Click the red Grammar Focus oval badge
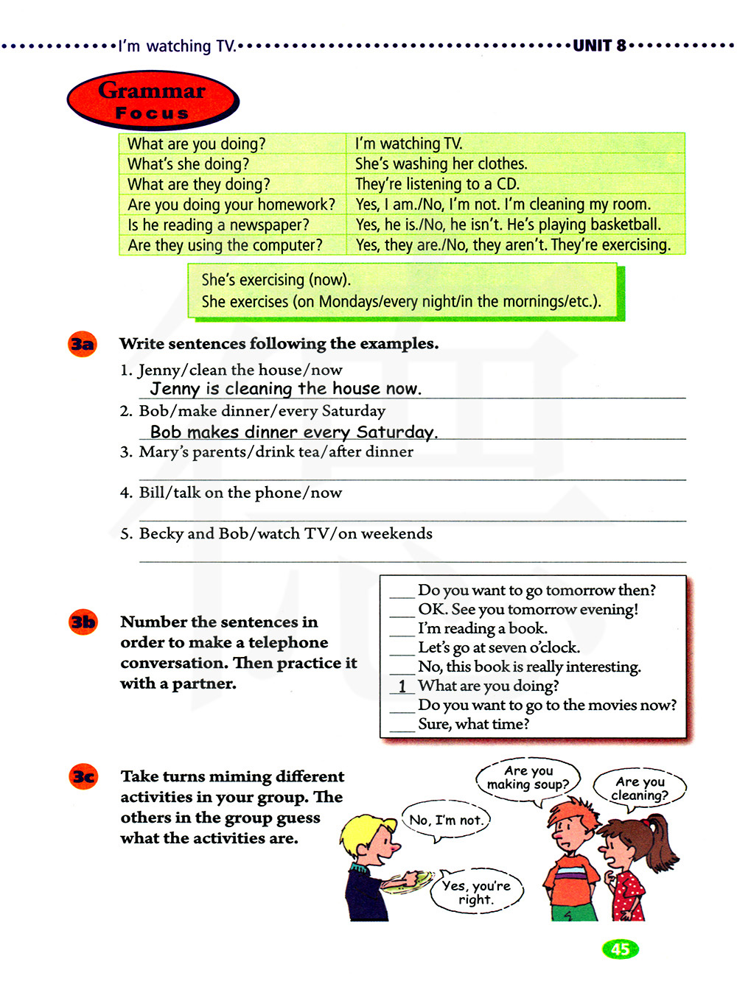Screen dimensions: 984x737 pos(153,101)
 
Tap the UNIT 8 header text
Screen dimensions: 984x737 pos(599,46)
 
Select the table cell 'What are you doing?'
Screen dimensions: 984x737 pos(196,144)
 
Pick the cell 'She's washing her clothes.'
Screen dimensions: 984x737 pos(441,164)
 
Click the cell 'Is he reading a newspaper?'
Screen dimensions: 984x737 pos(218,225)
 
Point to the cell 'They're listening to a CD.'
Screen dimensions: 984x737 pos(437,184)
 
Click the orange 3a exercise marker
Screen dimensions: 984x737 pos(83,345)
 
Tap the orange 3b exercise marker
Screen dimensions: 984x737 pos(83,622)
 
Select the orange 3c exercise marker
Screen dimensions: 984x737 pos(83,776)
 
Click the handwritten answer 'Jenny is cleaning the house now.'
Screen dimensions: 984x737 pos(285,389)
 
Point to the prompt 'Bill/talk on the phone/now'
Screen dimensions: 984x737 pos(240,493)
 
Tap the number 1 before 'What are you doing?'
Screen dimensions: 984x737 pos(402,686)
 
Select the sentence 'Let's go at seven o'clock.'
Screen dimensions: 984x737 pos(499,647)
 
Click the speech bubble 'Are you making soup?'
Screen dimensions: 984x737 pos(528,779)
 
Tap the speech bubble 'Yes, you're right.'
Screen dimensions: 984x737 pos(476,892)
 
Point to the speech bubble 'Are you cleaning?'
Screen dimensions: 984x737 pos(640,788)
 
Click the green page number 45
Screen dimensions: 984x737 pos(621,949)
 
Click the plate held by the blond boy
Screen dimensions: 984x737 pos(408,880)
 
